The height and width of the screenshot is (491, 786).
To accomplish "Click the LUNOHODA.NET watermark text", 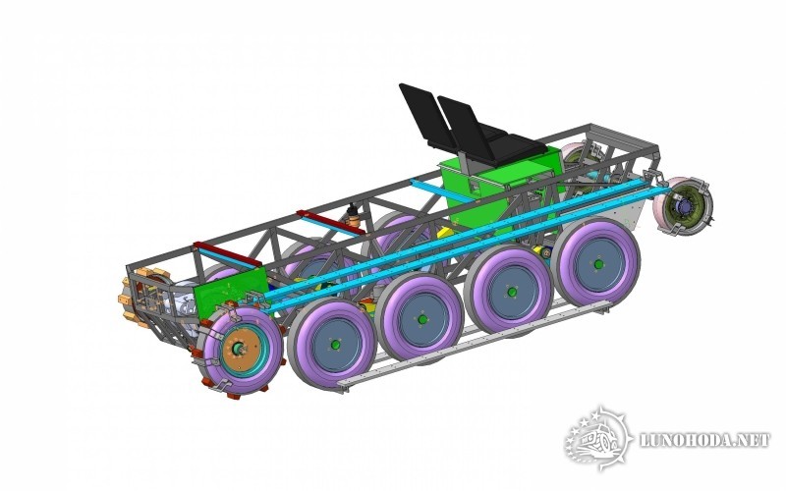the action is (x=705, y=440).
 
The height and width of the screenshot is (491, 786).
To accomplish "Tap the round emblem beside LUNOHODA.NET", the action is (x=598, y=438).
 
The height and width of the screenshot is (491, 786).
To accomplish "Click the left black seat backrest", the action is (x=423, y=114).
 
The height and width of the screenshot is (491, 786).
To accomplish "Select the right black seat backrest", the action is (x=464, y=128).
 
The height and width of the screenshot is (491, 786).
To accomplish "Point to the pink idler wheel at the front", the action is (x=683, y=206).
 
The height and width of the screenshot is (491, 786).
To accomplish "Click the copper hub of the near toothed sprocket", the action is (x=241, y=349).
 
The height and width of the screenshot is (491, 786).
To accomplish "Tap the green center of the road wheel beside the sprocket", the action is (x=334, y=345).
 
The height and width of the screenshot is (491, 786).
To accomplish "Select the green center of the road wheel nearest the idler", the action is (x=597, y=263).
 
